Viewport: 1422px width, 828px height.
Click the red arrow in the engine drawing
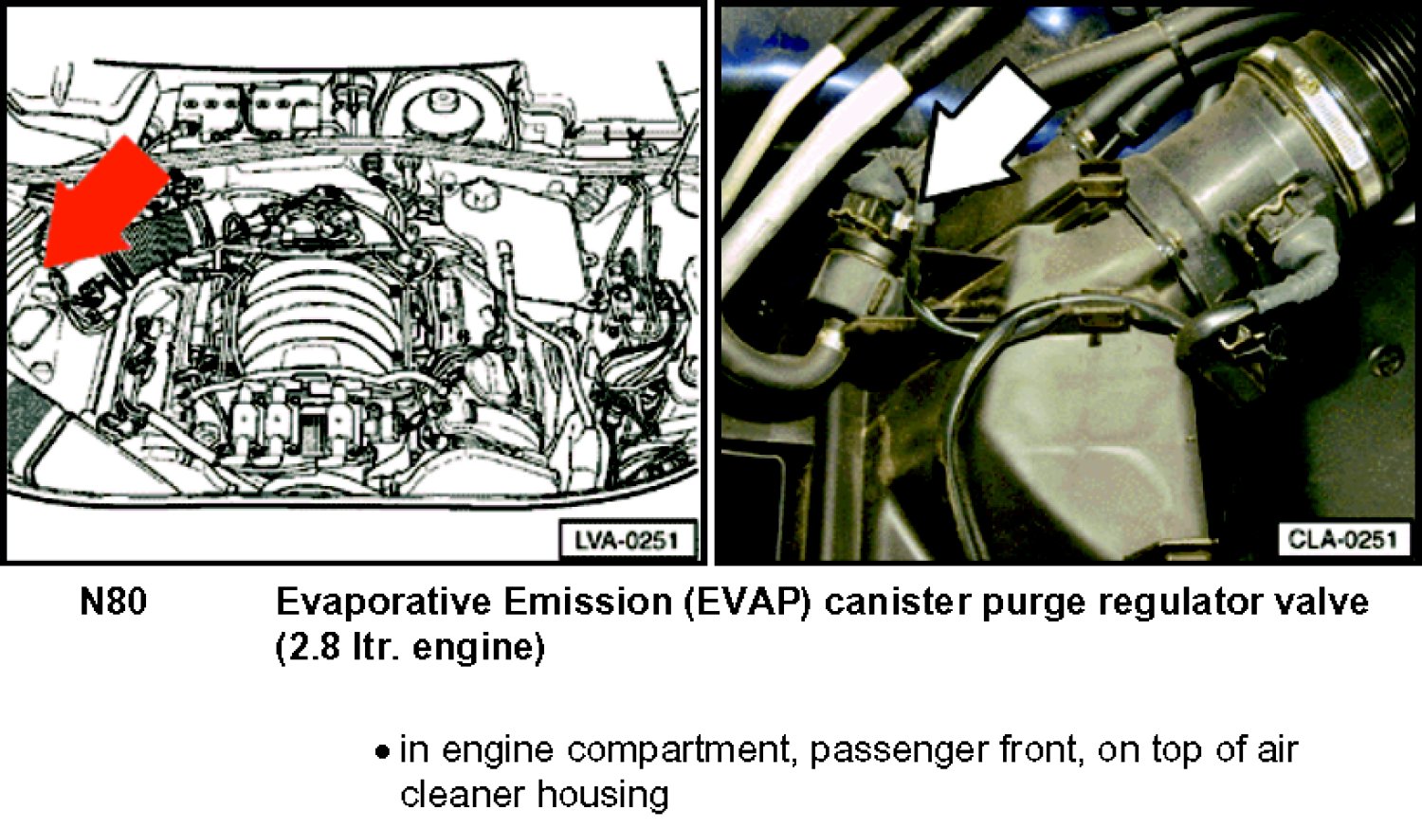[104, 203]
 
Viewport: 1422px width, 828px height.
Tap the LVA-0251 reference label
[626, 541]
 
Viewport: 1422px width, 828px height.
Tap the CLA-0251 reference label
[1341, 539]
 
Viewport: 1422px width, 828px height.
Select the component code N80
[113, 602]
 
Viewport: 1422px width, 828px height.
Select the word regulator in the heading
[1190, 605]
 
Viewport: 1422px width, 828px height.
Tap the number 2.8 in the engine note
[308, 648]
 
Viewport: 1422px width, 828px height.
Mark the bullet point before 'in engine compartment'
[381, 752]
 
